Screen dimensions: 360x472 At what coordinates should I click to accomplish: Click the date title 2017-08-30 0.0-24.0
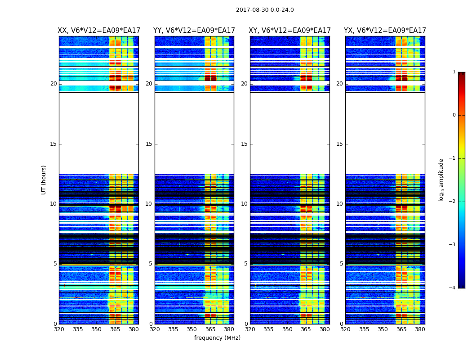265,10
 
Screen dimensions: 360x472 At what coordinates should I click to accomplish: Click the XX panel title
99,31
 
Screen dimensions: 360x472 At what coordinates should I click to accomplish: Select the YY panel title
194,31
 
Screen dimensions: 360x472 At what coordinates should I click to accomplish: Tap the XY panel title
290,31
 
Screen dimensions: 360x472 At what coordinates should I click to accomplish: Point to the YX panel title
385,31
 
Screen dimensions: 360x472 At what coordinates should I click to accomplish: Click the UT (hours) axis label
44,180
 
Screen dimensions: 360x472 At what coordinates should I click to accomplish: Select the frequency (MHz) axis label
217,338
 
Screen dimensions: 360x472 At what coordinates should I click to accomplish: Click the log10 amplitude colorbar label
441,180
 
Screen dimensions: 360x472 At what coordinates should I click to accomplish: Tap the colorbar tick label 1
454,72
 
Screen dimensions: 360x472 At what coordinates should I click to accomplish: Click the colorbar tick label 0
454,115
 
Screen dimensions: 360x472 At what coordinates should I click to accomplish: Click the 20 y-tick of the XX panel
53,84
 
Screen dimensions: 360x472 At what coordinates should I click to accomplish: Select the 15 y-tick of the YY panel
149,144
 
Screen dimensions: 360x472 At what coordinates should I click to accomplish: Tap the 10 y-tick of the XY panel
244,204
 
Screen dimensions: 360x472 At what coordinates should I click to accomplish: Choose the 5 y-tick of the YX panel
341,264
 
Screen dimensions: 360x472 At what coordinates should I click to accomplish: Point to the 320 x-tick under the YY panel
155,329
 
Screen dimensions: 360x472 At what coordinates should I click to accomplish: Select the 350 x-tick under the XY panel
287,329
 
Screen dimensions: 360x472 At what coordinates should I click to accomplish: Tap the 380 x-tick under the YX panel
420,329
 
